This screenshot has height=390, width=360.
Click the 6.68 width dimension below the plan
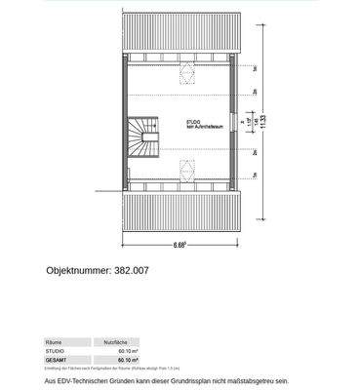click(181, 243)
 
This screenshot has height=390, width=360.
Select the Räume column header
click(56, 343)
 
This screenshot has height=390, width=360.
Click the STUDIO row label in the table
click(56, 351)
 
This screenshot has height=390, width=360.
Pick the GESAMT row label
click(57, 359)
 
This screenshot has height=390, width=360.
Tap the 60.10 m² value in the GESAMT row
click(126, 359)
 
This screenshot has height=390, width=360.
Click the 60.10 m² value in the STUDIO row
click(126, 351)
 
